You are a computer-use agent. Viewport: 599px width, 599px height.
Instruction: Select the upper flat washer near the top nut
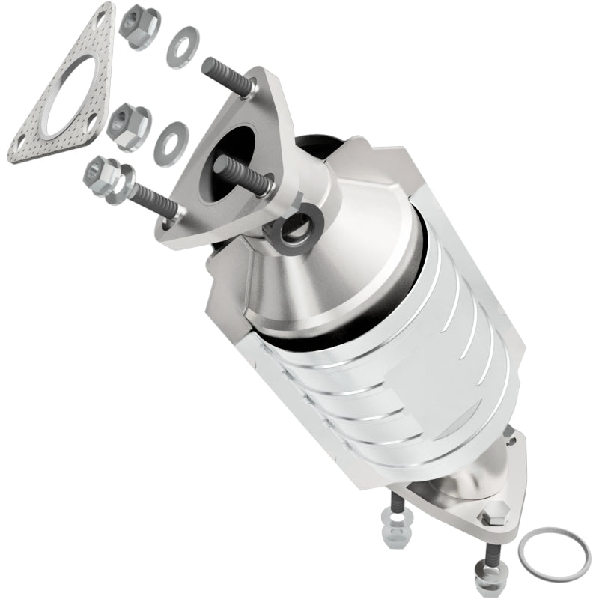[x=183, y=46]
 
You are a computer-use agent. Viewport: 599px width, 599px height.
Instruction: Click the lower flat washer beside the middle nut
[x=171, y=143]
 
